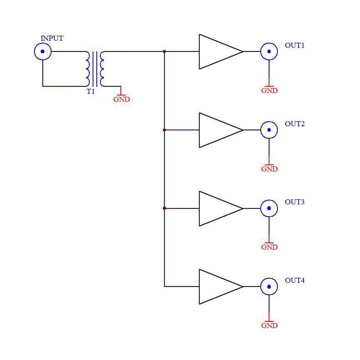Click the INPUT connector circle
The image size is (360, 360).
click(43, 52)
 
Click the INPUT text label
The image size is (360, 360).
click(52, 39)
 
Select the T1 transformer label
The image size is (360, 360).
click(90, 92)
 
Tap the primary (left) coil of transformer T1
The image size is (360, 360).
click(87, 69)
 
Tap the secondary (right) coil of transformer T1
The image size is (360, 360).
click(103, 69)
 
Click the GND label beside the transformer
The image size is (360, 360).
click(121, 99)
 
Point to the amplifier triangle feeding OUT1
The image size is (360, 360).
click(218, 52)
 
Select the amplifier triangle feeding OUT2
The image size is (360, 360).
click(218, 130)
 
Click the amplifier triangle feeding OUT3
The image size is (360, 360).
click(218, 208)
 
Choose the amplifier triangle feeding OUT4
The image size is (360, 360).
click(218, 287)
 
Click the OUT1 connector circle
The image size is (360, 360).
click(269, 52)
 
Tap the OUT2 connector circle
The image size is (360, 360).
click(269, 130)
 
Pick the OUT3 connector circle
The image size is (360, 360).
click(269, 208)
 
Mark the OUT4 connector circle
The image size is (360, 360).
click(269, 287)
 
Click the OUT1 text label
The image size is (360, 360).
click(295, 45)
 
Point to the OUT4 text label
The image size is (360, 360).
click(295, 280)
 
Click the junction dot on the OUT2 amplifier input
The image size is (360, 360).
click(165, 130)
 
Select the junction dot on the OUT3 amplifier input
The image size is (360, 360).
click(165, 208)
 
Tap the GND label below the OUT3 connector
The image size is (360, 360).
click(269, 247)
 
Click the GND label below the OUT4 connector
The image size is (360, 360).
click(269, 326)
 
